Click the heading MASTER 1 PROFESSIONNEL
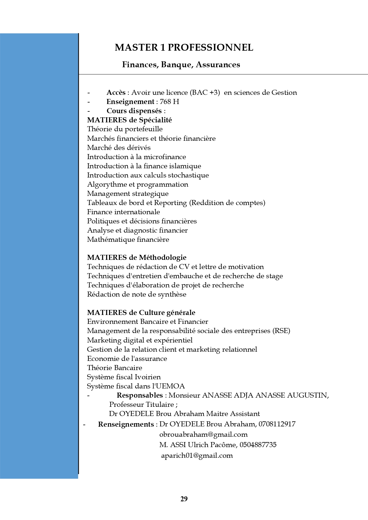click(184, 47)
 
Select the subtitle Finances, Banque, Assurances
click(181, 65)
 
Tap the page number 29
click(184, 499)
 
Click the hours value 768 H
click(169, 102)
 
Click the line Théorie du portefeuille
click(125, 129)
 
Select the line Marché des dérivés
click(119, 148)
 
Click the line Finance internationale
click(124, 212)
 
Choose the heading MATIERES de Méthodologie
click(137, 257)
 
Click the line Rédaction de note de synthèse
click(137, 294)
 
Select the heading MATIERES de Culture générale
click(141, 313)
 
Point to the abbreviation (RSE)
click(281, 331)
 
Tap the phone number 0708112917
click(277, 424)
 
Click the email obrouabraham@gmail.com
click(203, 434)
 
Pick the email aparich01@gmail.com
click(197, 455)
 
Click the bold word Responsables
click(140, 395)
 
